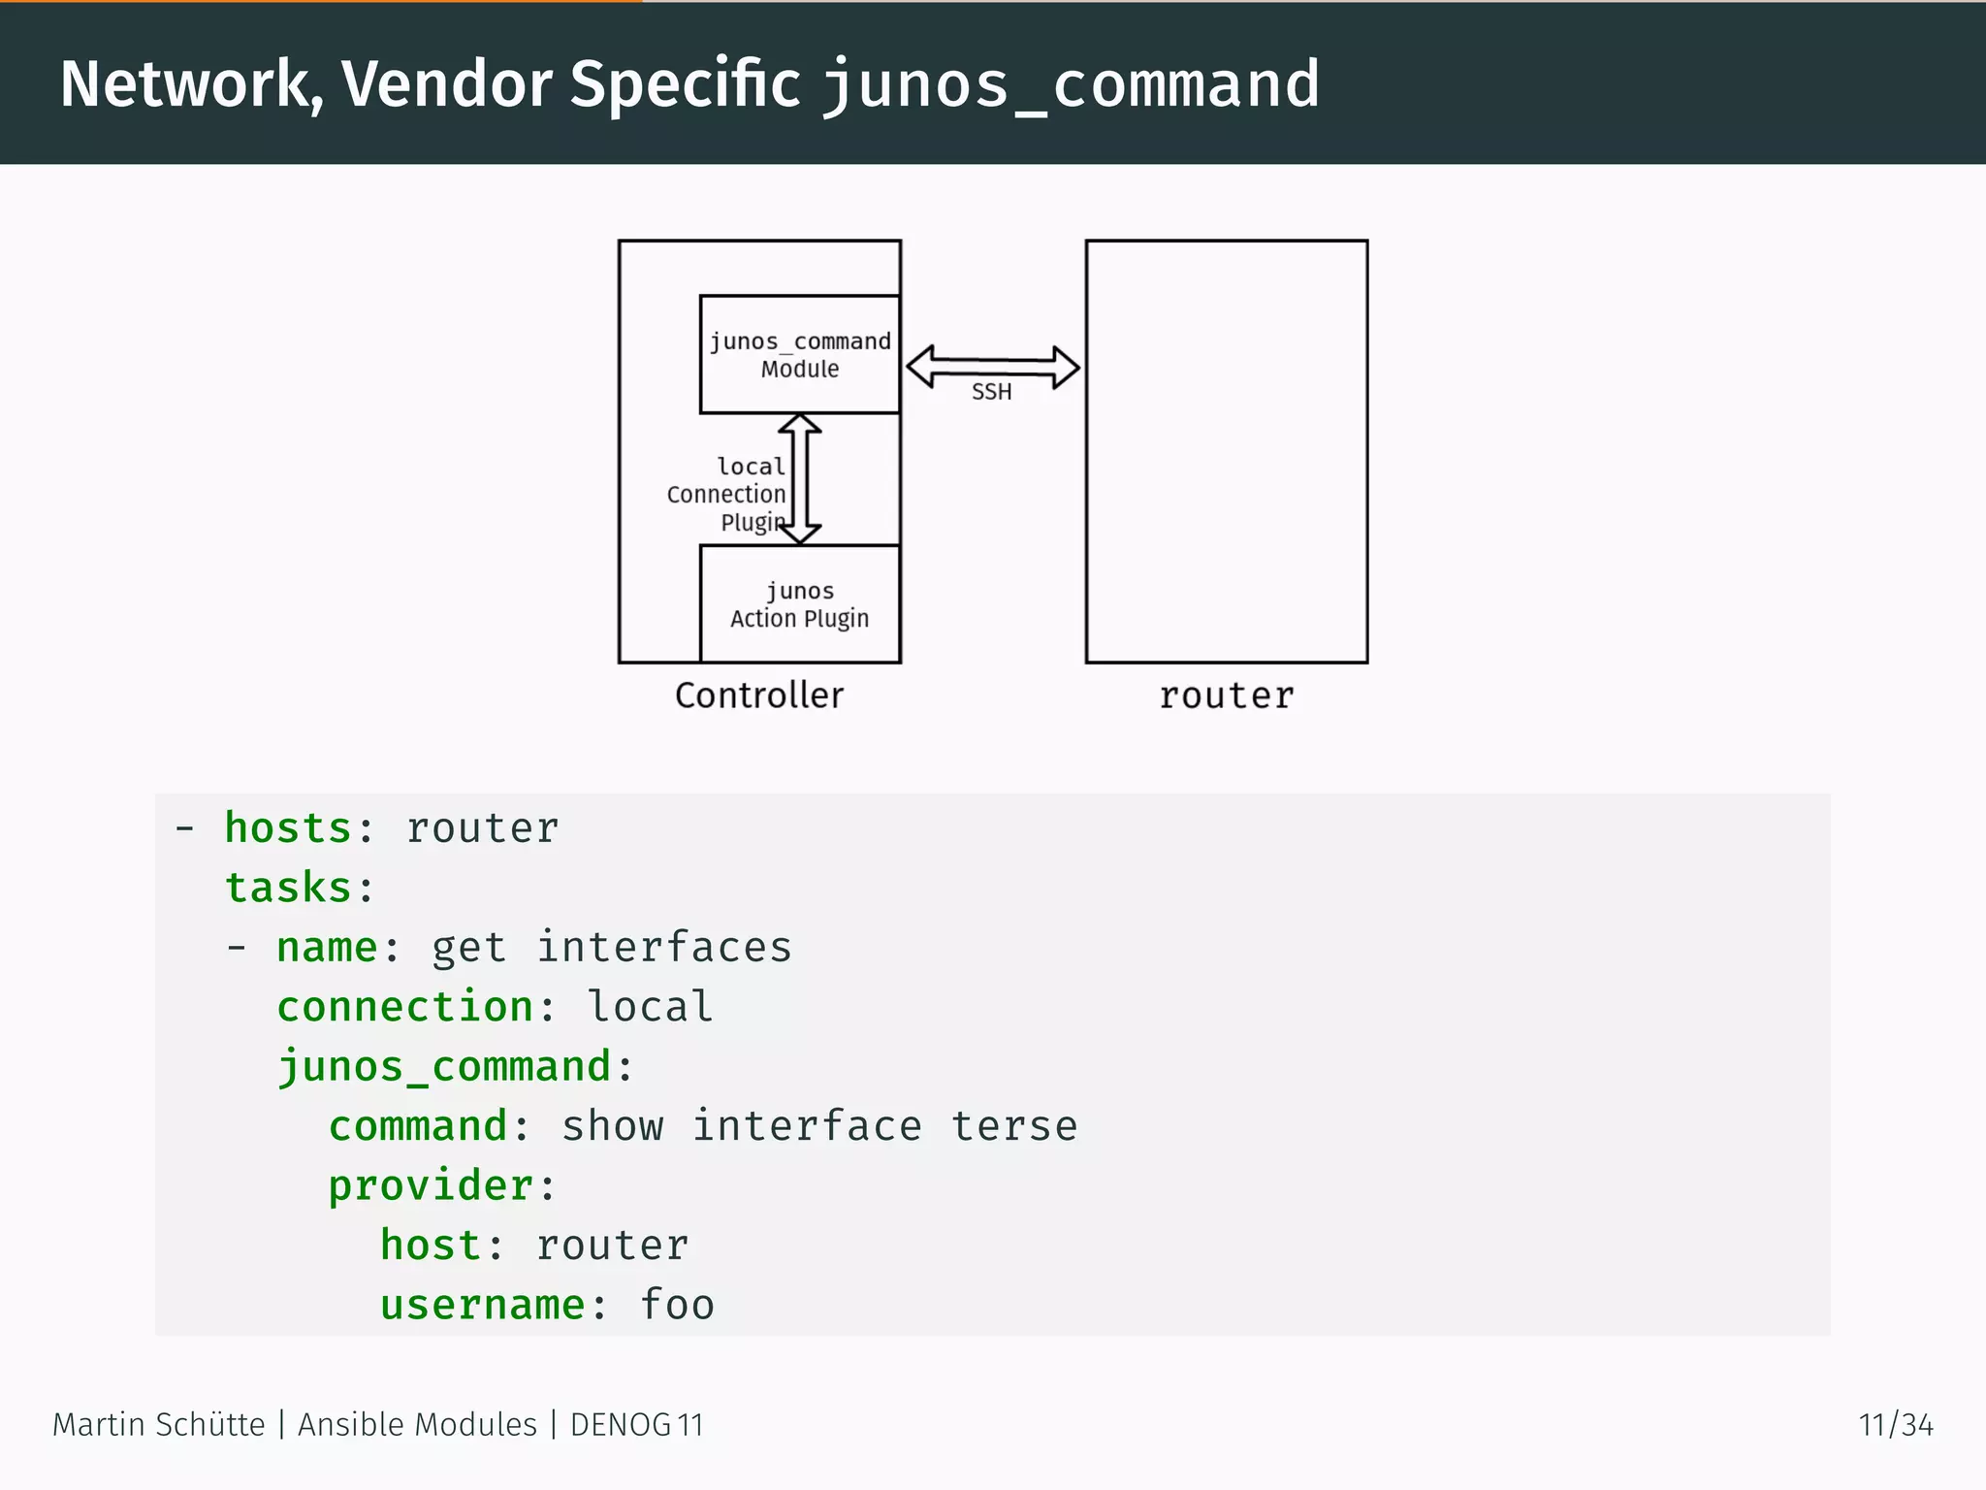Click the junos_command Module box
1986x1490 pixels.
pos(800,355)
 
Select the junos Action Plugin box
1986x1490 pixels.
pos(800,604)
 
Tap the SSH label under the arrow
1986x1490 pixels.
pos(991,392)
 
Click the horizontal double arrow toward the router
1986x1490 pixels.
pos(992,367)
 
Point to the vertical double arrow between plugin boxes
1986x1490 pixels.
pos(800,478)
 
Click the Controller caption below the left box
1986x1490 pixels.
pos(759,696)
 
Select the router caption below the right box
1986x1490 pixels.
pos(1226,696)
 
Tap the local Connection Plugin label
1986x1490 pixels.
pos(727,495)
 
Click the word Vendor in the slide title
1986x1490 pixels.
pos(447,84)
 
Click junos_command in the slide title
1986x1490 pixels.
pos(1071,84)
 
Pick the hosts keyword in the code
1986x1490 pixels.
pos(288,828)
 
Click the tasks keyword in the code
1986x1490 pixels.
pos(288,888)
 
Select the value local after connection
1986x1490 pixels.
pos(650,1007)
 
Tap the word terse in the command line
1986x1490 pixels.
pos(1013,1126)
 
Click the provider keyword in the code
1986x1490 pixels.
pos(431,1185)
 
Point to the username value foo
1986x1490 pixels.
pos(677,1305)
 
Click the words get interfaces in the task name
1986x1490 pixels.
pos(611,948)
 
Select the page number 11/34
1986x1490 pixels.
pos(1895,1425)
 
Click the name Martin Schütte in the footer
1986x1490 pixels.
pos(158,1425)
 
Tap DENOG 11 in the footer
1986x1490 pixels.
pos(636,1425)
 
